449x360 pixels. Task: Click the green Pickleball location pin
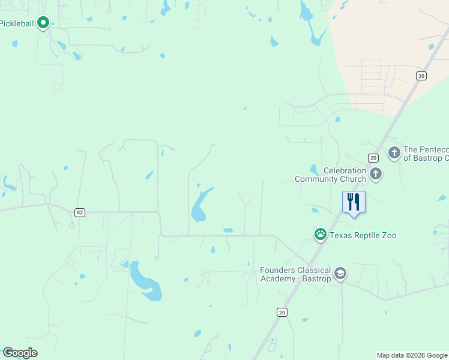43,23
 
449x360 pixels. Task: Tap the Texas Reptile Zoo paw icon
321,234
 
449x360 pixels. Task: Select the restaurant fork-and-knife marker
354,202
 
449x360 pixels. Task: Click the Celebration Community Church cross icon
376,174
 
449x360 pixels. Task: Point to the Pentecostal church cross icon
394,152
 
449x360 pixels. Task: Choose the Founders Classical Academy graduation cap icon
340,274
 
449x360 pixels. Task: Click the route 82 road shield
79,212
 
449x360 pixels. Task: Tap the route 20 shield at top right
421,76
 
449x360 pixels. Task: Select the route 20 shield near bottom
282,312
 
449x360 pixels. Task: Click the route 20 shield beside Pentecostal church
373,158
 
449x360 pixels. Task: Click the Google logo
20,353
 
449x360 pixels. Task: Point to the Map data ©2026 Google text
412,355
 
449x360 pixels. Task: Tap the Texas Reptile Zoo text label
363,236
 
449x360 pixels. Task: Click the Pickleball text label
17,23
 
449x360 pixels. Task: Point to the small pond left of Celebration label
314,170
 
